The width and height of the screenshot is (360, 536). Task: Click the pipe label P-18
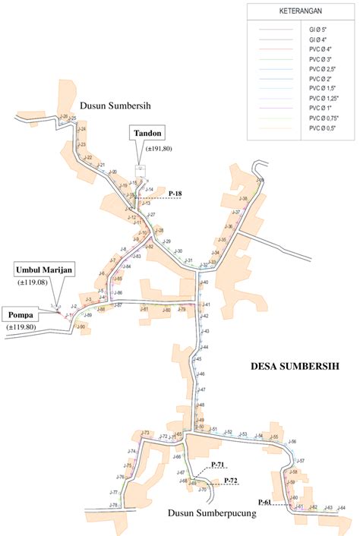pos(175,194)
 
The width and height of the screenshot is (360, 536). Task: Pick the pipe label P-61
pos(264,502)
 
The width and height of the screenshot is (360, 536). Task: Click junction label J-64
pos(341,507)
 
